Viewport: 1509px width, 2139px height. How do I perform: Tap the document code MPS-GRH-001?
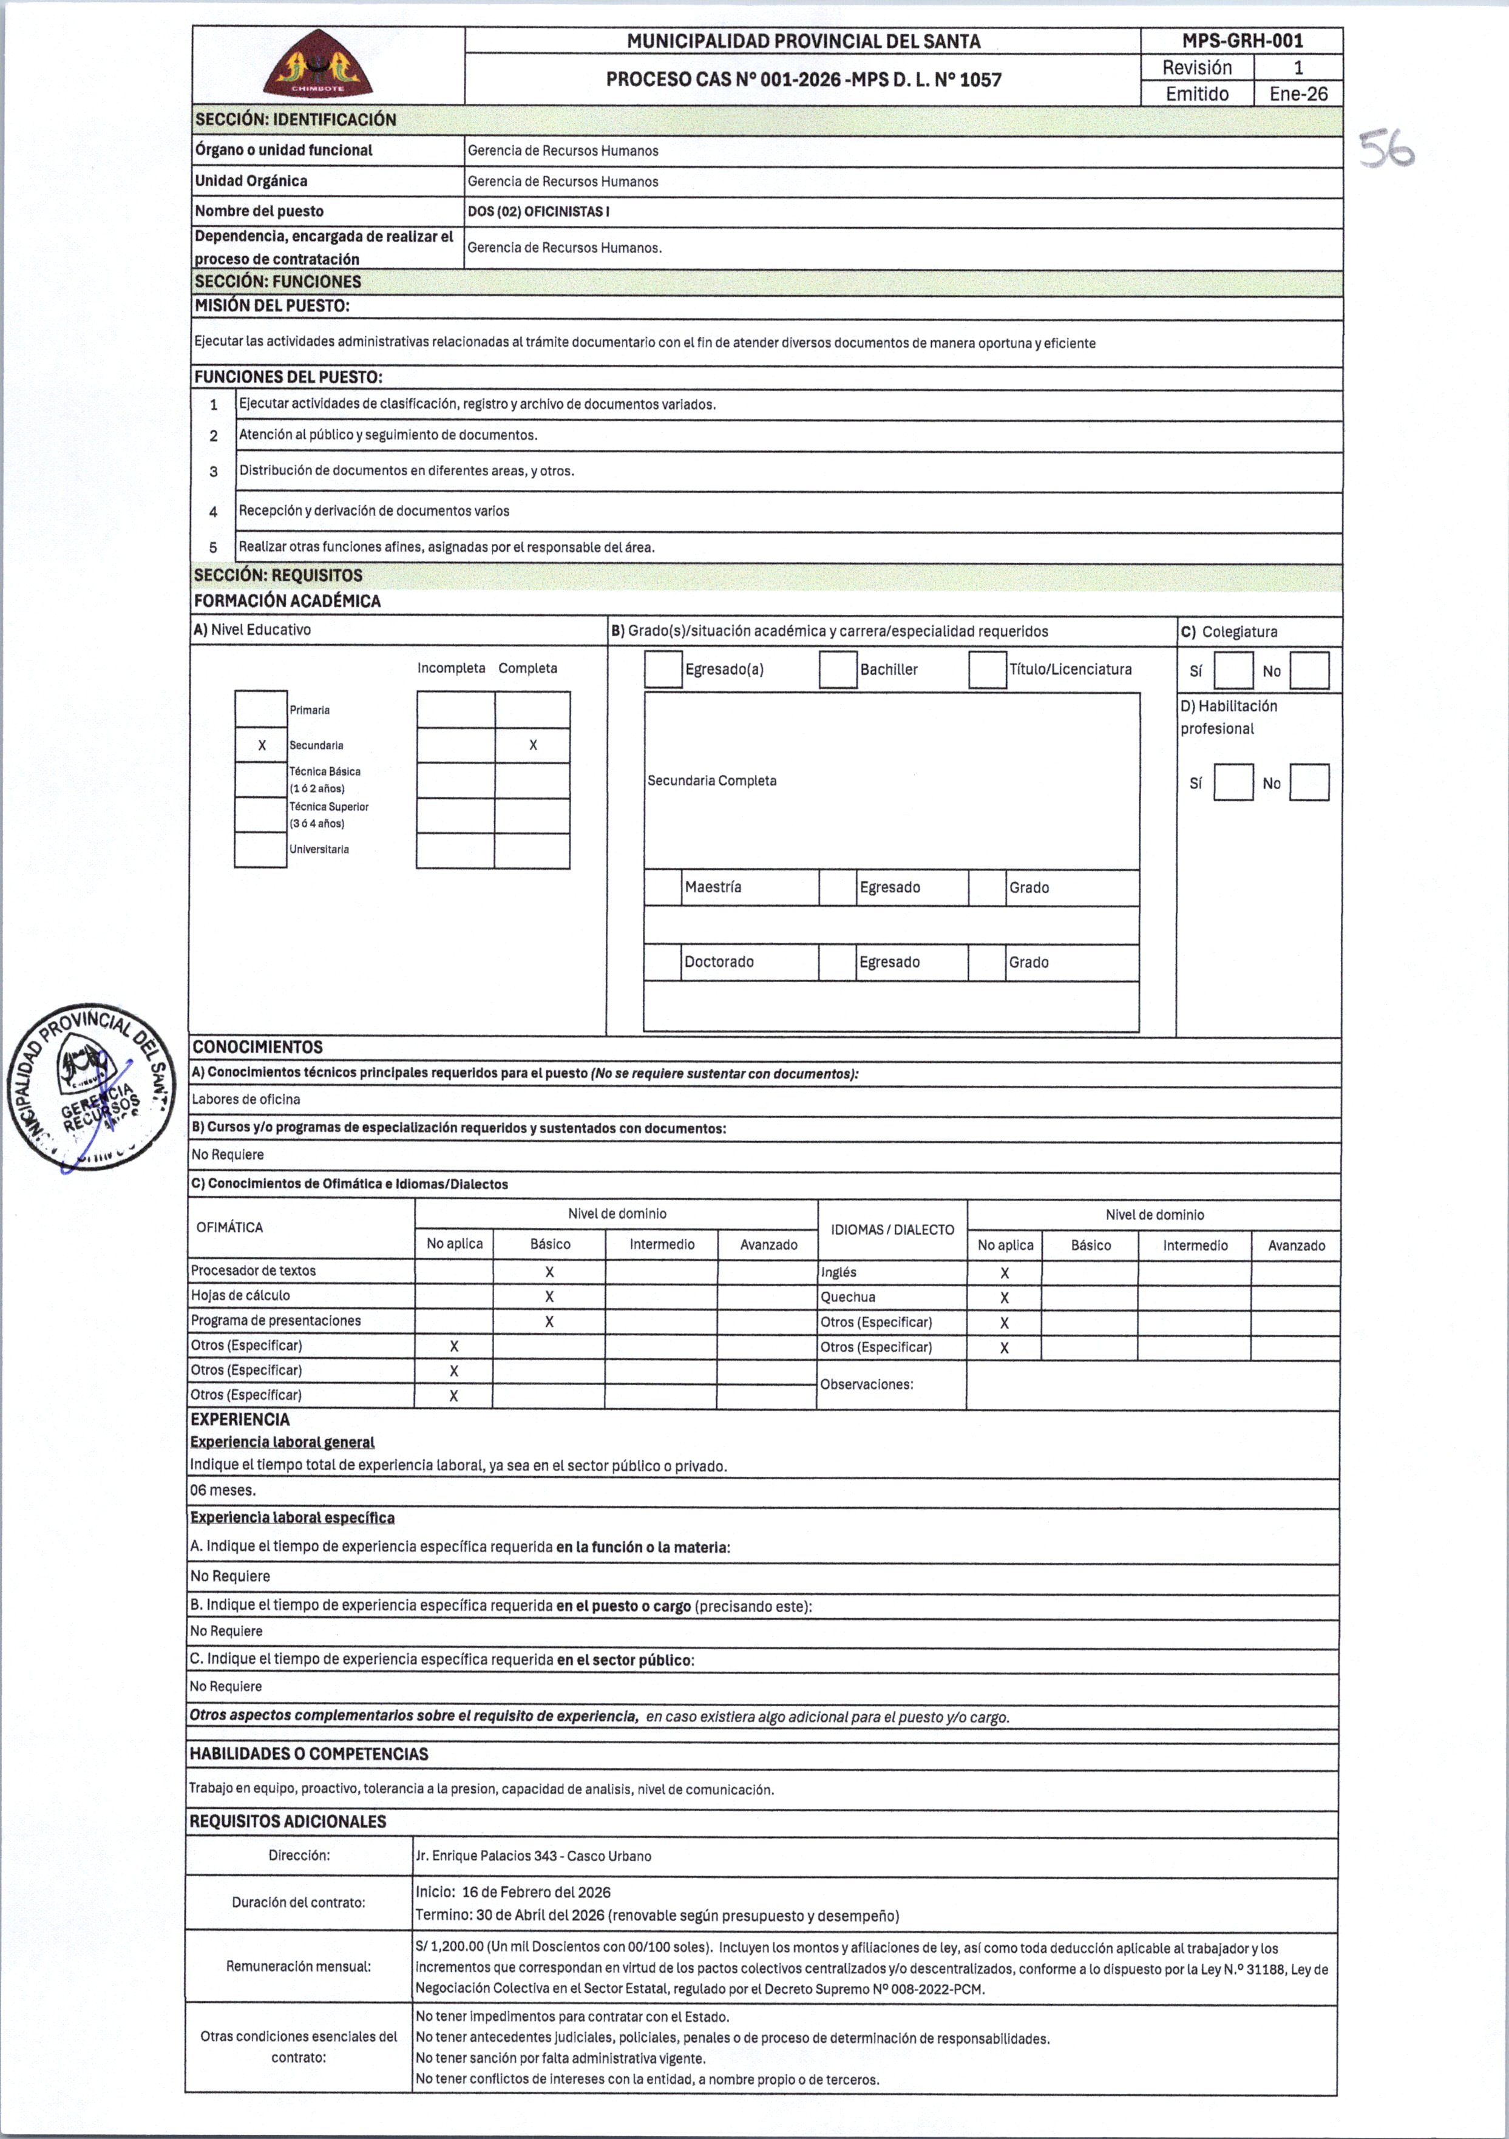click(1242, 41)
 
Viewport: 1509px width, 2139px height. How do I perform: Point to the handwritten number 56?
click(1387, 150)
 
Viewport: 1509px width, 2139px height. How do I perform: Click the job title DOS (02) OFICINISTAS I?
click(538, 211)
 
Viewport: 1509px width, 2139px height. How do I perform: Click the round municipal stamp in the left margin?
click(91, 1088)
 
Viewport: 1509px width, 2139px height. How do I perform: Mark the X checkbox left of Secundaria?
click(262, 745)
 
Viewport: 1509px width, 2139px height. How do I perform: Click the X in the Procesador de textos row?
click(549, 1272)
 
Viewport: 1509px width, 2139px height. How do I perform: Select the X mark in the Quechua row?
click(1004, 1298)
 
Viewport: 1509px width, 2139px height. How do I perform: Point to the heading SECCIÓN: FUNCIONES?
click(277, 282)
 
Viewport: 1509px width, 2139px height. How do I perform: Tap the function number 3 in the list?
click(213, 472)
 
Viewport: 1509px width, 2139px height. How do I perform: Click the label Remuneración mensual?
click(298, 1966)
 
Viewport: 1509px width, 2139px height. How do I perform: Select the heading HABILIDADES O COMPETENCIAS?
click(308, 1754)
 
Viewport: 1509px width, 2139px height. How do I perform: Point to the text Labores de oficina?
click(246, 1099)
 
